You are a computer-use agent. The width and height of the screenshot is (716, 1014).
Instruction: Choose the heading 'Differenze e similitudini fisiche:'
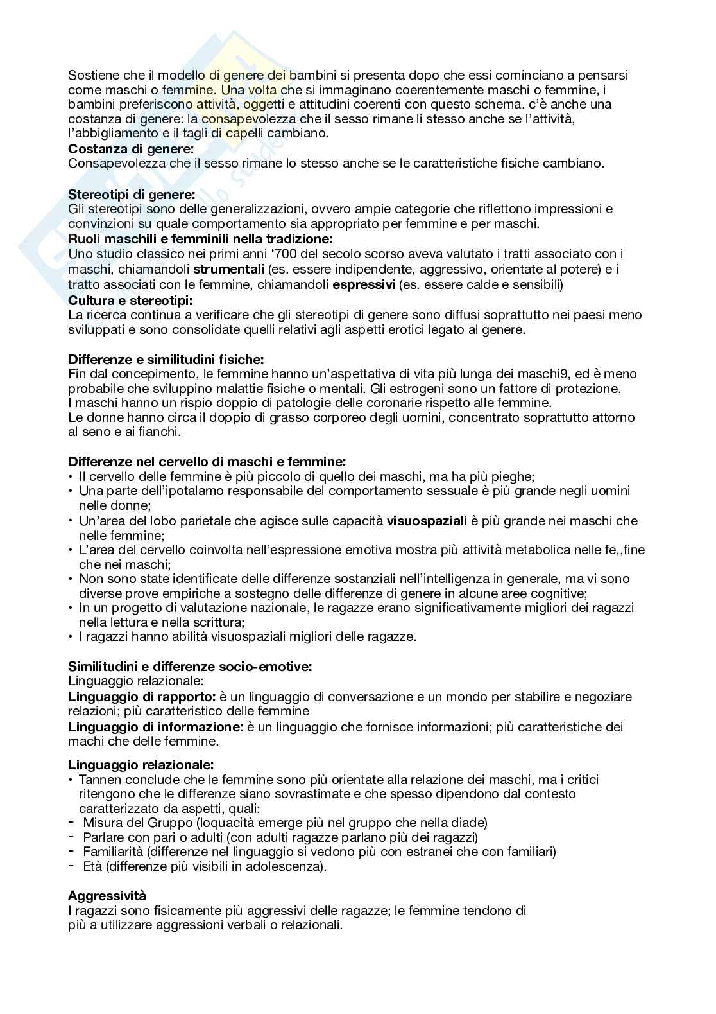pos(166,359)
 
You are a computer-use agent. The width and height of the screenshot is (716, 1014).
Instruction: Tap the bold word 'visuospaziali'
pos(427,521)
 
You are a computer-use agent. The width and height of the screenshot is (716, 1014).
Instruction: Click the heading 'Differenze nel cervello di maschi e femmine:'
pos(207,461)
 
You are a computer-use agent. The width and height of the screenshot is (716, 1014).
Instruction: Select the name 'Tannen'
pos(98,780)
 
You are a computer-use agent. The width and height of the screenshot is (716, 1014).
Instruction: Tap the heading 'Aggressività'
pos(107,895)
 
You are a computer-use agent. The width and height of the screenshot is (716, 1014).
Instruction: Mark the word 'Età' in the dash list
pos(92,866)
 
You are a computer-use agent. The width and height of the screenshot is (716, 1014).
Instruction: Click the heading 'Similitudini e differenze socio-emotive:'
pos(190,667)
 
